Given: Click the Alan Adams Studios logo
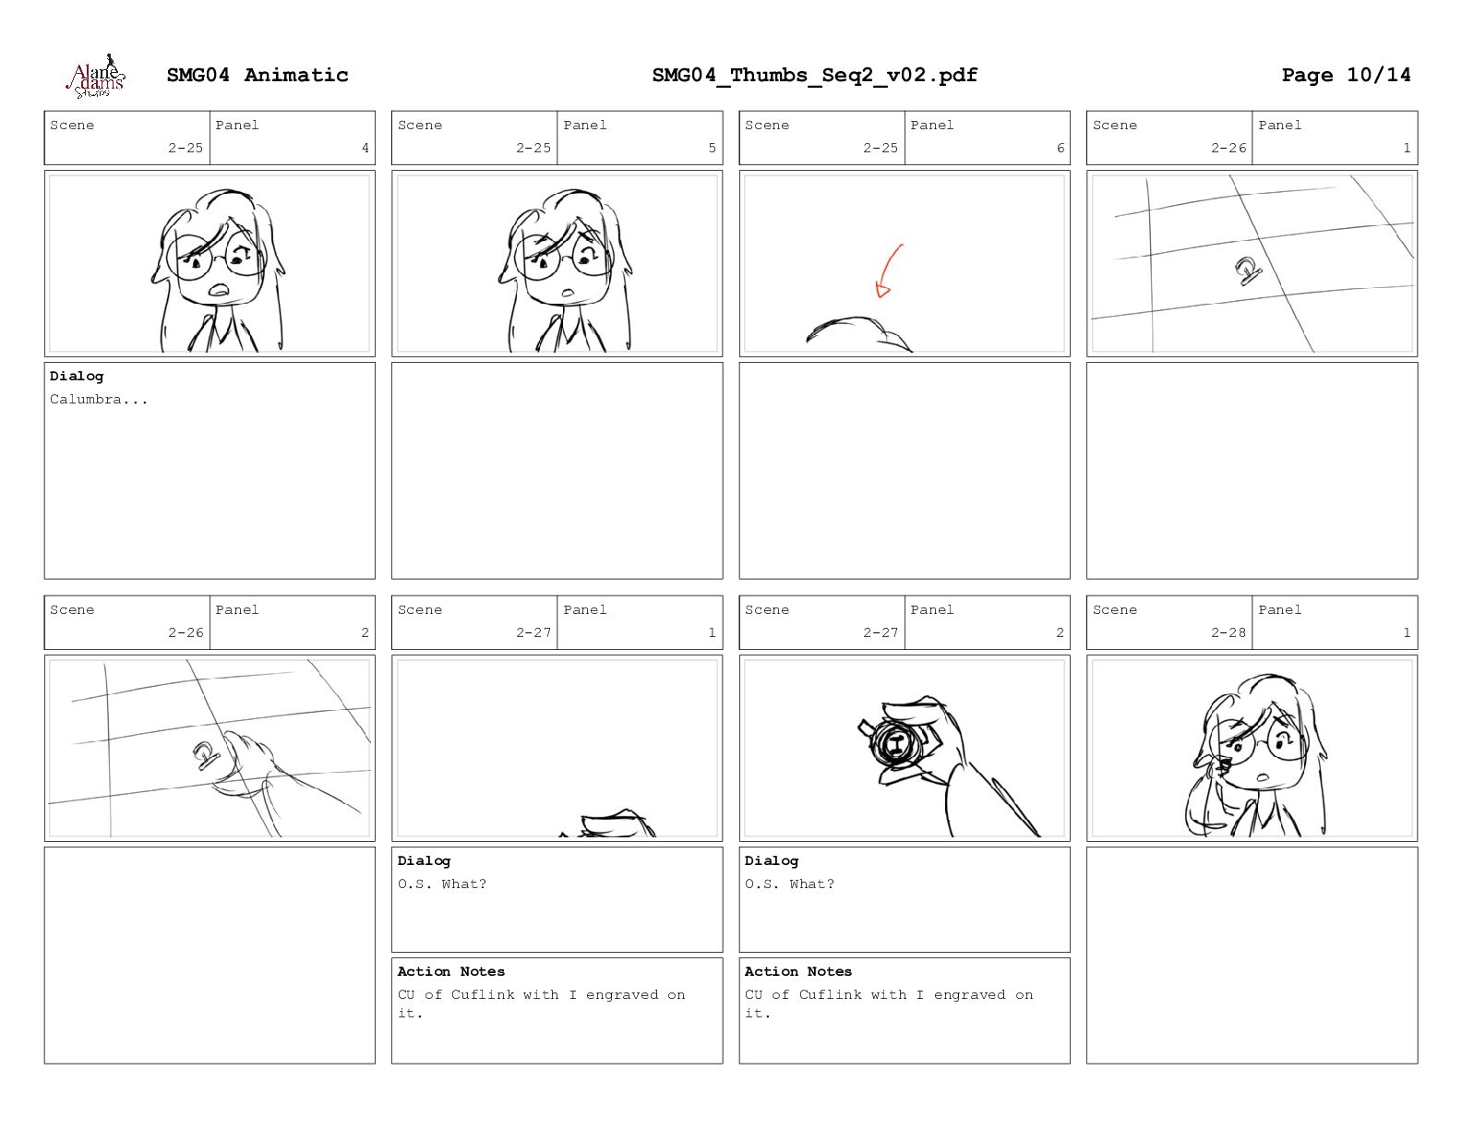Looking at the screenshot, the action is click(x=96, y=77).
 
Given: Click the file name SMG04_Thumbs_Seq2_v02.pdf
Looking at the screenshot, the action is click(x=814, y=75).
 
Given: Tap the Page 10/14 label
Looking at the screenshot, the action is click(x=1346, y=75).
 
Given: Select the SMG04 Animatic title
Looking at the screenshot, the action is click(x=258, y=75).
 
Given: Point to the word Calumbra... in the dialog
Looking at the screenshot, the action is click(x=98, y=399).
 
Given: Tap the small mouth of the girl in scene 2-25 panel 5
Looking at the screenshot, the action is click(x=569, y=293).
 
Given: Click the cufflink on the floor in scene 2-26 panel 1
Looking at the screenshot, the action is click(x=1247, y=270).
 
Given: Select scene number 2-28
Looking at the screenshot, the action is click(x=1228, y=632).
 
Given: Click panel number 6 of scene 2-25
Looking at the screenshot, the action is click(x=1061, y=148).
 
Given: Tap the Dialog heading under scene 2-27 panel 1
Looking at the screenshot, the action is click(x=424, y=860).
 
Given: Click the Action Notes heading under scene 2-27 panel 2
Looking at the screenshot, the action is click(x=798, y=971).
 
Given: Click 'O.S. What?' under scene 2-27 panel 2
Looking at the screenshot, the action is click(x=789, y=884).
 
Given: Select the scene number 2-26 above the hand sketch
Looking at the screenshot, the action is click(x=186, y=632).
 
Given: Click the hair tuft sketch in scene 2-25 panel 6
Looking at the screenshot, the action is click(x=858, y=334).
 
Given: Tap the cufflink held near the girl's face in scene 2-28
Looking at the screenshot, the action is click(x=1222, y=766).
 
